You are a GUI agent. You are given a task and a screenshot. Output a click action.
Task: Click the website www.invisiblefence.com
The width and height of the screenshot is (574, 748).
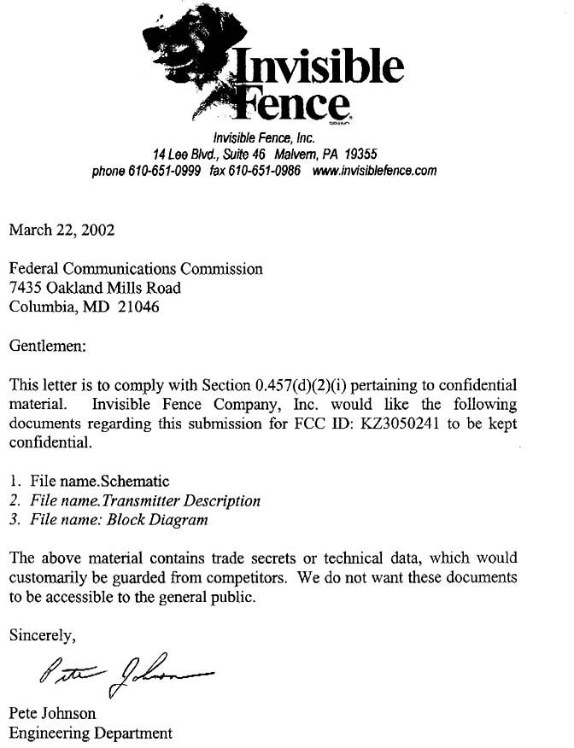click(x=375, y=170)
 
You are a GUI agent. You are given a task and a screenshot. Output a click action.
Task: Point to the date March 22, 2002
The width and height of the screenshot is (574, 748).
click(x=61, y=229)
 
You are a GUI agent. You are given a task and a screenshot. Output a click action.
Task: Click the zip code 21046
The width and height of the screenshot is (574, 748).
click(x=137, y=307)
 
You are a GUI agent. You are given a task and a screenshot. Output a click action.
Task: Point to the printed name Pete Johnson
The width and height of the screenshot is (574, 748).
click(x=52, y=713)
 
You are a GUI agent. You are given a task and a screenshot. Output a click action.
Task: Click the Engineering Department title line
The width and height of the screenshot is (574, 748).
click(x=90, y=733)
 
